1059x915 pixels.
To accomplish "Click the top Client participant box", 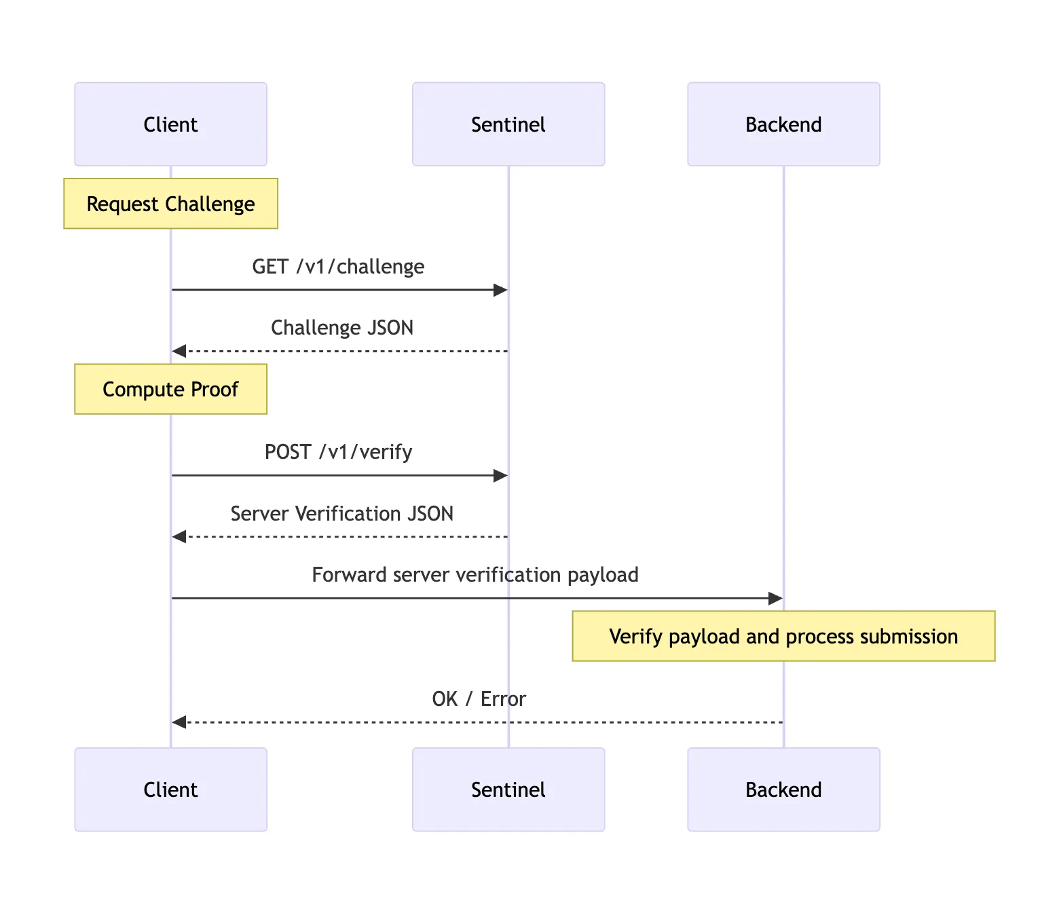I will coord(170,124).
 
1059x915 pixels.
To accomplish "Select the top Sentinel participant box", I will coord(508,124).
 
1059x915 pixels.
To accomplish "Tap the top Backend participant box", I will coord(783,124).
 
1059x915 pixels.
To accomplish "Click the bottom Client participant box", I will coord(170,789).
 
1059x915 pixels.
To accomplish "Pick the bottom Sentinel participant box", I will coord(508,789).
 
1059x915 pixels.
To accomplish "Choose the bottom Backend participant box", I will coord(783,789).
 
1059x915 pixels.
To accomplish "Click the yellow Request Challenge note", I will coord(170,204).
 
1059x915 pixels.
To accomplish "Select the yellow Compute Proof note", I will coord(170,389).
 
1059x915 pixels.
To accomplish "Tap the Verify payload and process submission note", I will coord(783,636).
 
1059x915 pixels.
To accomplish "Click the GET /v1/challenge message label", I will coord(338,267).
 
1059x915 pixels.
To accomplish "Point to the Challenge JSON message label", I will coord(342,328).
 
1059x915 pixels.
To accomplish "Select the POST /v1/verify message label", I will coord(338,452).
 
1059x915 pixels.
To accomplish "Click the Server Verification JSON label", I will coord(342,514).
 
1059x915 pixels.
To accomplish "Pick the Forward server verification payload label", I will coord(475,575).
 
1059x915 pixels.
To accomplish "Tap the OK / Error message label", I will coord(479,699).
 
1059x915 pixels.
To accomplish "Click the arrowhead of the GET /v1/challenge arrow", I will coord(501,291).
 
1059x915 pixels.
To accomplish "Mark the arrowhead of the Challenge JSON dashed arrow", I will coord(179,351).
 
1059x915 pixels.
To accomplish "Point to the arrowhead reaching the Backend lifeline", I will coord(775,599).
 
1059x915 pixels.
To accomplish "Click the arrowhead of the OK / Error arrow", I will coord(179,722).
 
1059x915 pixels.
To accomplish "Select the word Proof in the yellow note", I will coord(215,389).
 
